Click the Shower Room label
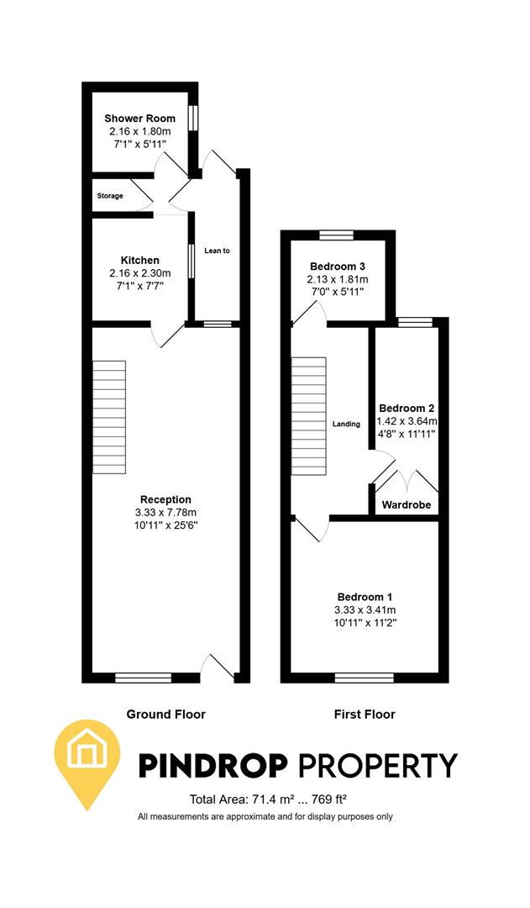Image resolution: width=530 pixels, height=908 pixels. click(x=139, y=119)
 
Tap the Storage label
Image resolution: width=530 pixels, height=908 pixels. click(x=109, y=196)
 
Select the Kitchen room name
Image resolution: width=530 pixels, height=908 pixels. click(x=139, y=261)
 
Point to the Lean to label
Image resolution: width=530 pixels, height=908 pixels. click(x=217, y=251)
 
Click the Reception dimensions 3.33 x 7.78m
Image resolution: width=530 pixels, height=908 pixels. click(x=165, y=512)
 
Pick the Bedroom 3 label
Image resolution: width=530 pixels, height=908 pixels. click(x=338, y=267)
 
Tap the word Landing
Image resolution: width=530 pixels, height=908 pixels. click(x=346, y=424)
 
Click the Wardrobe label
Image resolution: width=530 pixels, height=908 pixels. click(x=407, y=506)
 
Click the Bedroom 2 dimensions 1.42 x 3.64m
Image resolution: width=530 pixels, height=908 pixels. click(x=407, y=421)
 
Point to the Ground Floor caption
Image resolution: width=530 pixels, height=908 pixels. click(x=165, y=715)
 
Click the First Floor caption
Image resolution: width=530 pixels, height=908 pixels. click(x=365, y=715)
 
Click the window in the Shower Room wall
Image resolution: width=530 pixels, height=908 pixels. click(x=193, y=119)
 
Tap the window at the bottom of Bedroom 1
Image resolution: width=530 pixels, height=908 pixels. click(x=364, y=677)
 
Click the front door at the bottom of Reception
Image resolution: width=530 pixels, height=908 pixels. click(x=217, y=668)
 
